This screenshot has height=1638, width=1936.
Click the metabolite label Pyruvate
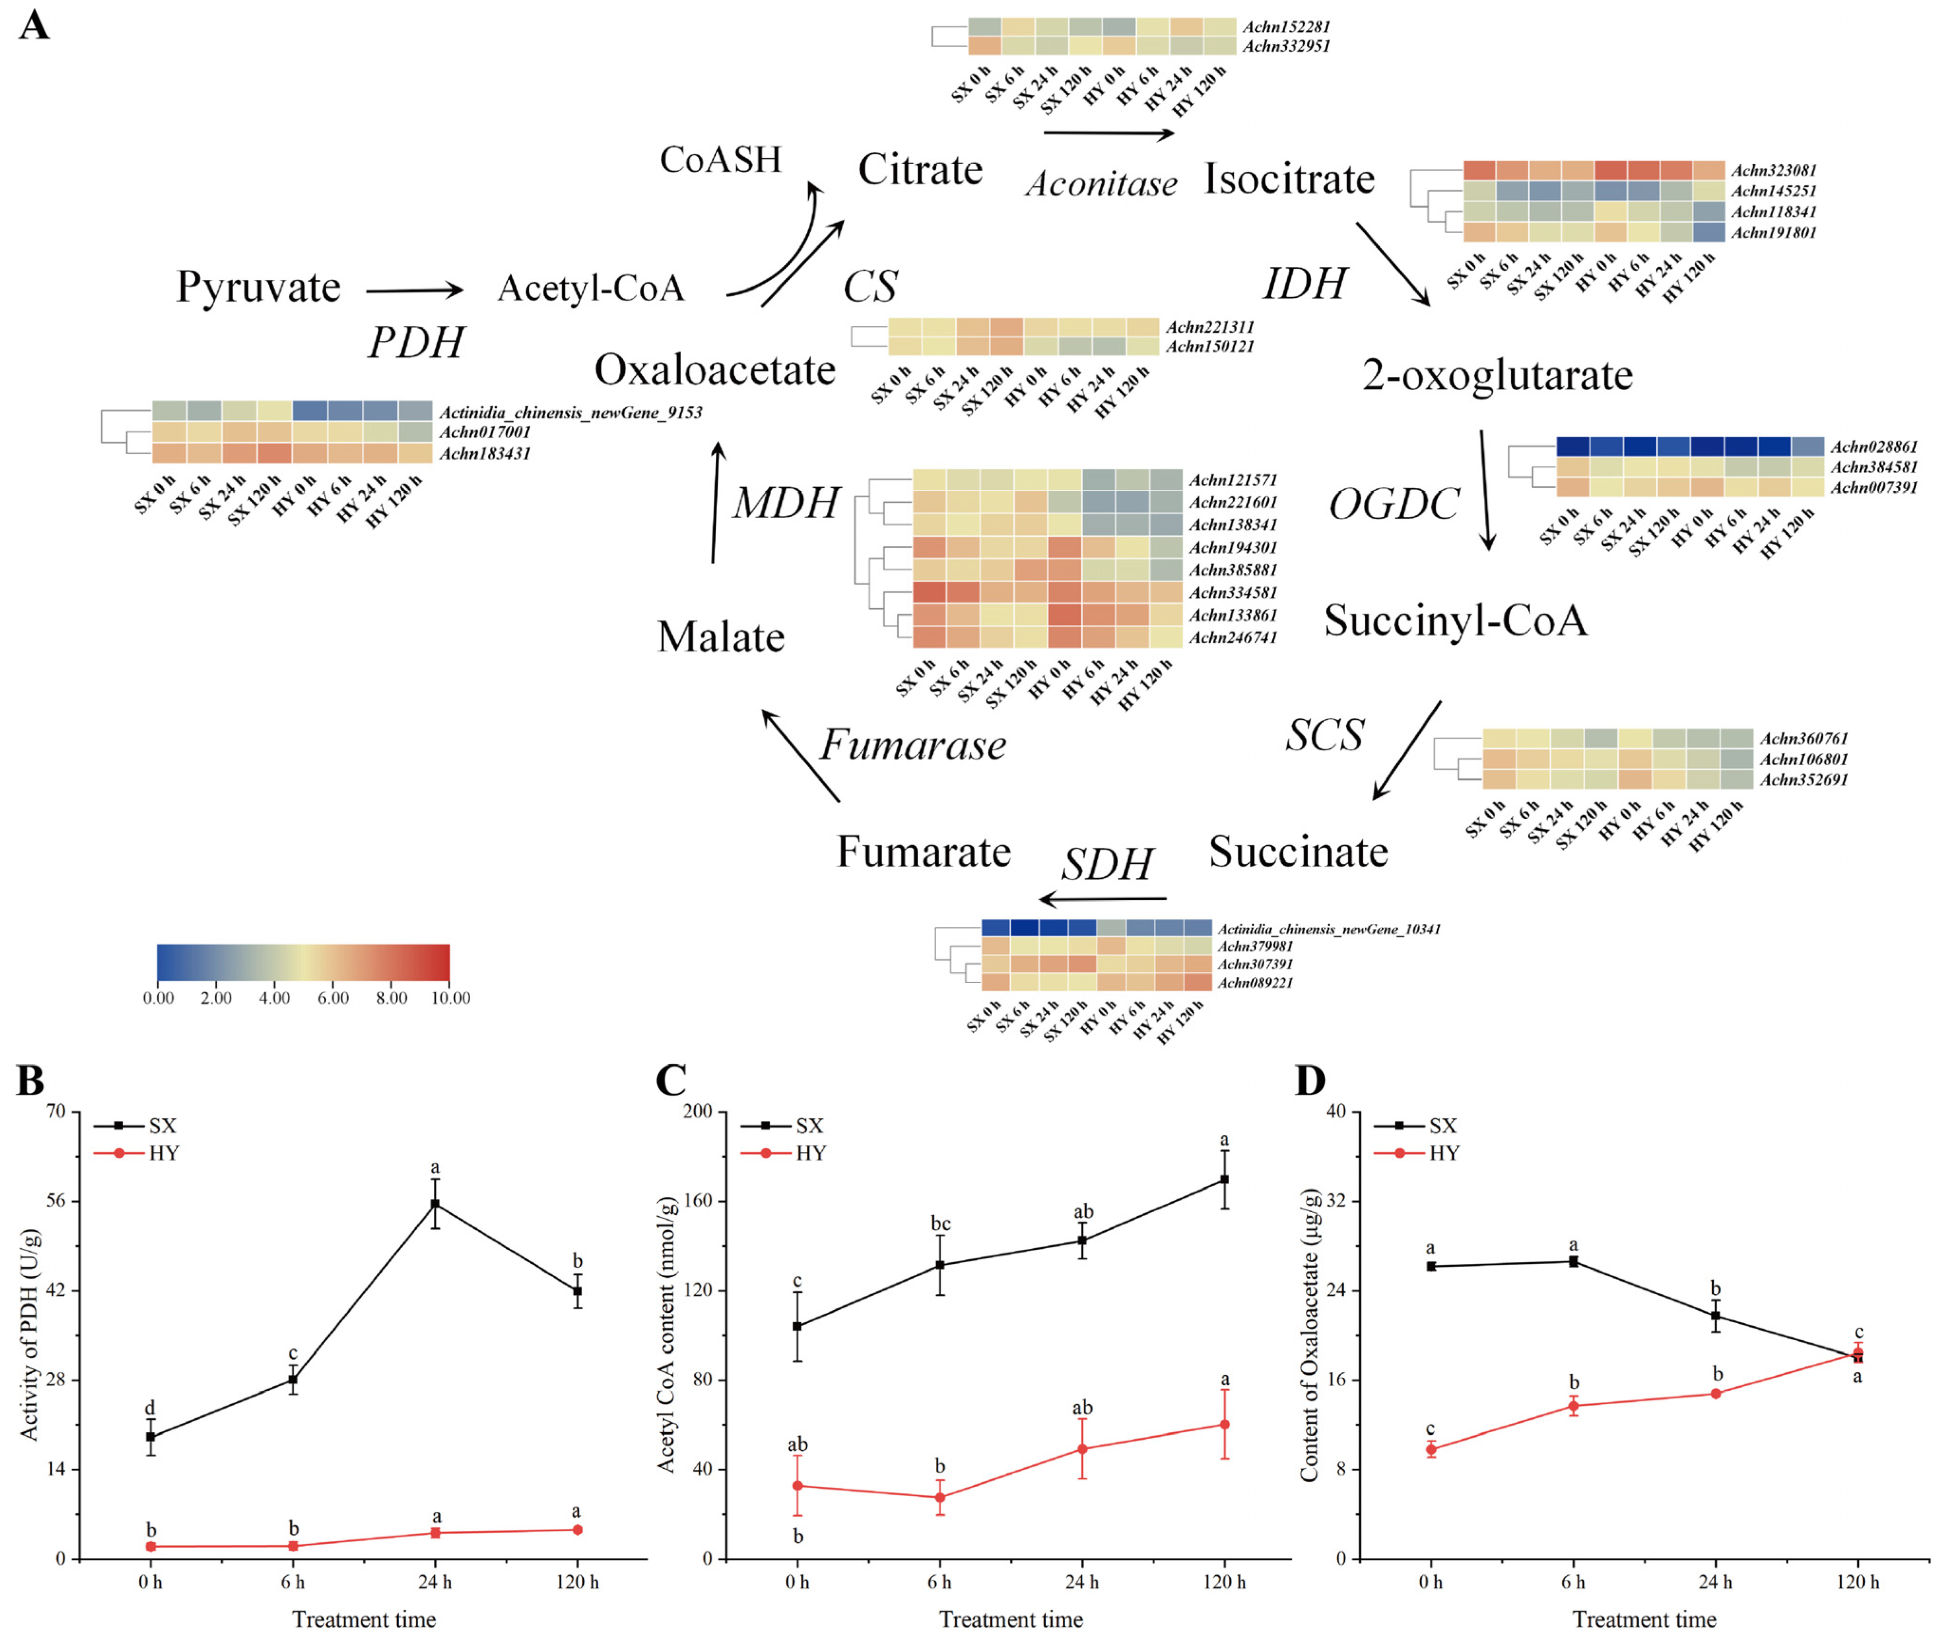click(258, 288)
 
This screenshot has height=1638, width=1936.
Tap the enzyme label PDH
click(416, 343)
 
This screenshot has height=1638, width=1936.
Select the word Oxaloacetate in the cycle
click(715, 370)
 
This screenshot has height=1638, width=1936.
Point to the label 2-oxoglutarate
click(1497, 375)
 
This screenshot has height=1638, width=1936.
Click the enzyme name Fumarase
click(913, 745)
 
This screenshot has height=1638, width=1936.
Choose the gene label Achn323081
click(1773, 170)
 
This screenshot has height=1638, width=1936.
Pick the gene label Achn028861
click(1874, 447)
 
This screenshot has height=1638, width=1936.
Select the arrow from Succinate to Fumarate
click(1102, 899)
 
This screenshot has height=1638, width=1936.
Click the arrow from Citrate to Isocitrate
click(1110, 134)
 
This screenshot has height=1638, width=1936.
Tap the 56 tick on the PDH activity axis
click(56, 1200)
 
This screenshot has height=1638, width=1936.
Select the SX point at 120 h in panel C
click(1225, 1179)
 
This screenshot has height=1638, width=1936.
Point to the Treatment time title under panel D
click(1644, 1620)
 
